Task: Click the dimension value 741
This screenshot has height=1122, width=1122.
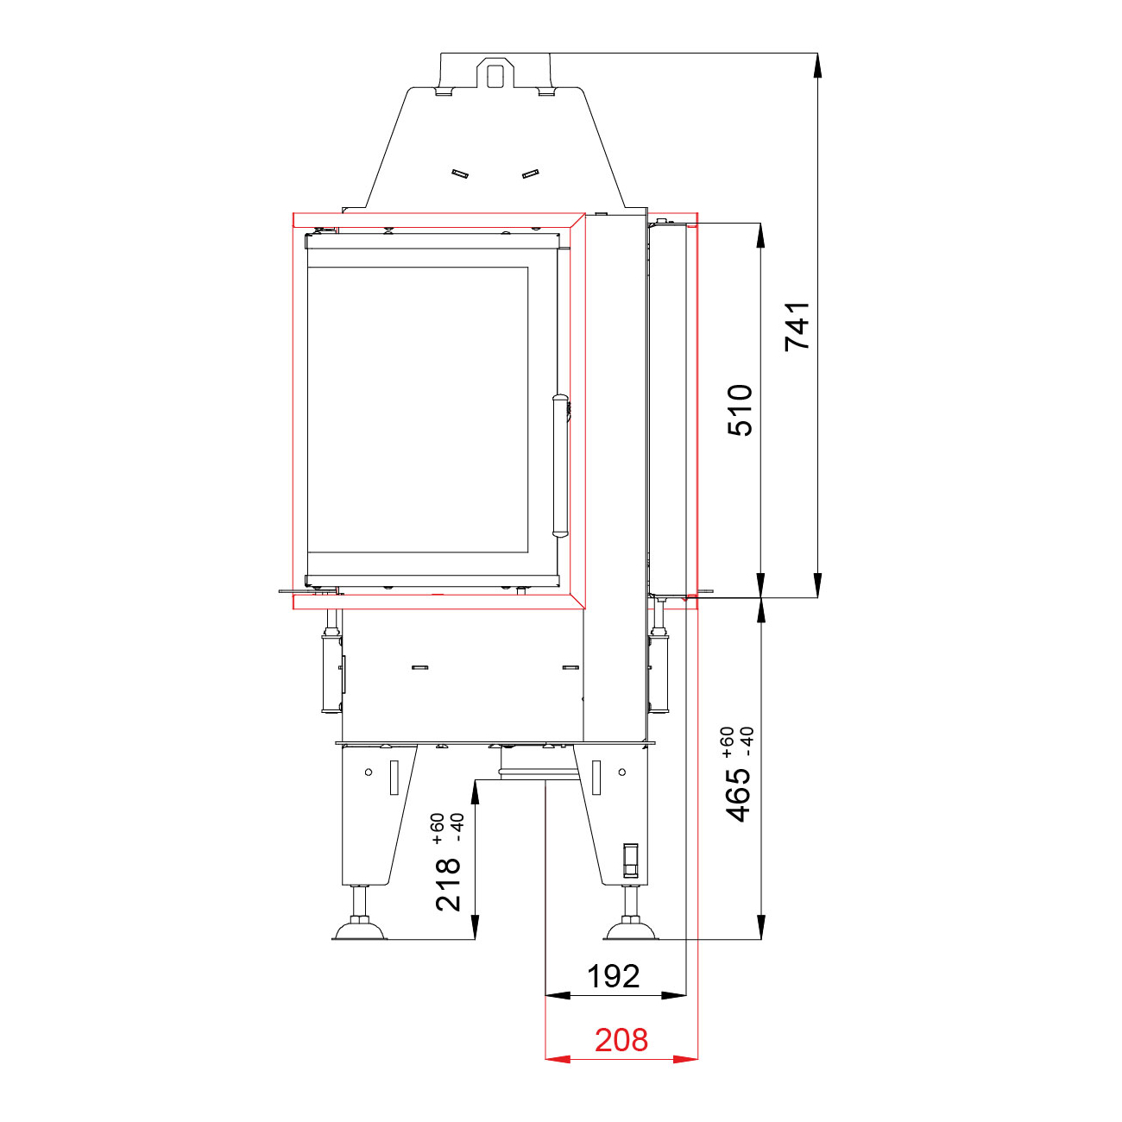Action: [x=797, y=326]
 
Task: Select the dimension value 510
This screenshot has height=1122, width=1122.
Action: [x=740, y=411]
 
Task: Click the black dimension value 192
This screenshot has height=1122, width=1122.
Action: [x=613, y=976]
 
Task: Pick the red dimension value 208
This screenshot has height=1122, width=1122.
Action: [x=621, y=1040]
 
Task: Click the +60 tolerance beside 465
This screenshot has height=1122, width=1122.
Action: [x=728, y=742]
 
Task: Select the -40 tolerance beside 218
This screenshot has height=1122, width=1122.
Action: [x=457, y=828]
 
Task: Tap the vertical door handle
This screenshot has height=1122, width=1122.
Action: [x=559, y=465]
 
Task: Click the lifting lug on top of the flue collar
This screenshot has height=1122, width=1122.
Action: [x=495, y=72]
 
